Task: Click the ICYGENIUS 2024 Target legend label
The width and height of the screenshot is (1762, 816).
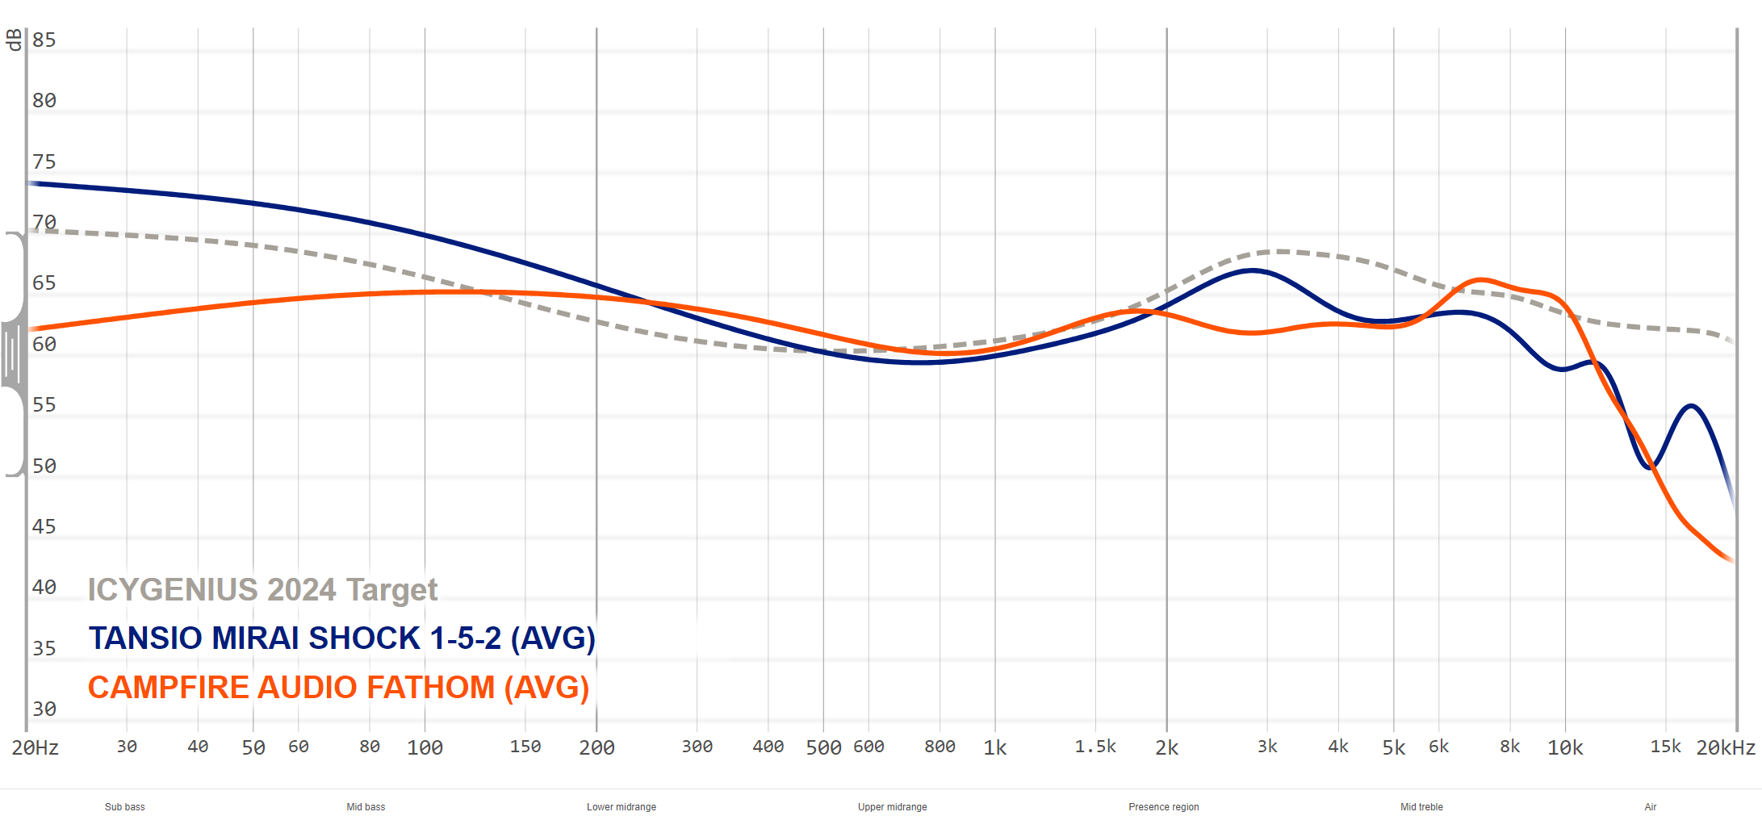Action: tap(262, 590)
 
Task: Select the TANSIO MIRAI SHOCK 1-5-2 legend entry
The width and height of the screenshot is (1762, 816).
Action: tap(341, 638)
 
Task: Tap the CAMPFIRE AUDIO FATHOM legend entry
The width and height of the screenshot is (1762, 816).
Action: tap(338, 688)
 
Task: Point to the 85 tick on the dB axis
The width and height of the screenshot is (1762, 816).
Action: tap(44, 40)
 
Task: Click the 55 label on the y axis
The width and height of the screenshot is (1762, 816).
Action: tap(44, 405)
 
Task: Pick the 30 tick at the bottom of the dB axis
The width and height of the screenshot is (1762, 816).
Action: tap(44, 709)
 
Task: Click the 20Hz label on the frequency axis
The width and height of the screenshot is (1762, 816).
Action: tap(36, 747)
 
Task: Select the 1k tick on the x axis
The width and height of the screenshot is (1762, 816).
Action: tap(994, 747)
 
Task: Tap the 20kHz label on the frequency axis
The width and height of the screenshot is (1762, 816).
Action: tap(1725, 747)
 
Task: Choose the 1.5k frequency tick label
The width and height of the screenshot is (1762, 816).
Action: tap(1095, 747)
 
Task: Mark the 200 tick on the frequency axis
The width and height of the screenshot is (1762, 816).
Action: tap(596, 747)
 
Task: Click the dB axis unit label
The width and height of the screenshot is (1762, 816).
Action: tap(14, 40)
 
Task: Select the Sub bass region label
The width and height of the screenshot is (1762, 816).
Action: tap(125, 807)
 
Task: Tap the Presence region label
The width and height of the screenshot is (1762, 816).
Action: tap(1163, 807)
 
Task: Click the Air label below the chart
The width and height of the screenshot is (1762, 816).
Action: tap(1650, 807)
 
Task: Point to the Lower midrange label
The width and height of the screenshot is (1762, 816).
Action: tap(622, 807)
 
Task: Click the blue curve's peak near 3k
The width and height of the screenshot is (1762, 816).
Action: tap(1252, 270)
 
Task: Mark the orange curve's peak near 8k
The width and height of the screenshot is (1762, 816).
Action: tap(1482, 280)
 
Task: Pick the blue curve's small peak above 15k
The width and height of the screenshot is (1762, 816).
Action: tap(1690, 405)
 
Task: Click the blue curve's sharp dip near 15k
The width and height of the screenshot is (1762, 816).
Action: tap(1650, 467)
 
